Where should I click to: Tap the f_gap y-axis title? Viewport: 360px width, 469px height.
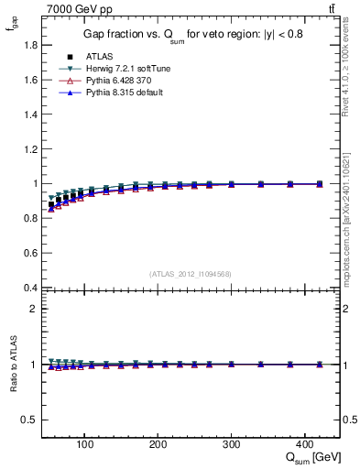tap(12, 27)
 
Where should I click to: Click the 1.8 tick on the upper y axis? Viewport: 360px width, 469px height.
tap(30, 45)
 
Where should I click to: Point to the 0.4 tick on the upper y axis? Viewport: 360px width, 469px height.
tap(30, 288)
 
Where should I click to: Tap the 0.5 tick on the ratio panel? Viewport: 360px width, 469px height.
tap(30, 420)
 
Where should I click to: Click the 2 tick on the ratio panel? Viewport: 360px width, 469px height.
tap(34, 309)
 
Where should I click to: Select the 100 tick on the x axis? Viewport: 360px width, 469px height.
tap(84, 444)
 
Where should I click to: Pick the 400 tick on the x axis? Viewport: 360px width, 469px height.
tap(305, 444)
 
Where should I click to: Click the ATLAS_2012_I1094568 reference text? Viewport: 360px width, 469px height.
tap(190, 273)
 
